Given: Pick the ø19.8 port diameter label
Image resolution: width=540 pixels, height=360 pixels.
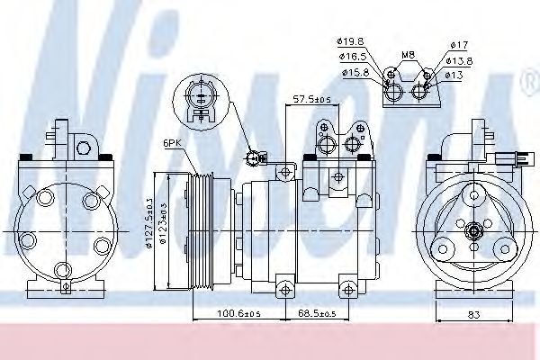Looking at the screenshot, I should [351, 41].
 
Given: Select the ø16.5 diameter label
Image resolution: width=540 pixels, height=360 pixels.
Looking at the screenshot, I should [351, 56].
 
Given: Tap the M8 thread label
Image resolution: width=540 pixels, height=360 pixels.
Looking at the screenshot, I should [408, 55].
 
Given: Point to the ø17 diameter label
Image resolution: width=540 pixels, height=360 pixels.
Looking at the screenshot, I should [459, 45].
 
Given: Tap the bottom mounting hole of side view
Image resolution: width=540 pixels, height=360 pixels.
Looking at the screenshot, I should [285, 288].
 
